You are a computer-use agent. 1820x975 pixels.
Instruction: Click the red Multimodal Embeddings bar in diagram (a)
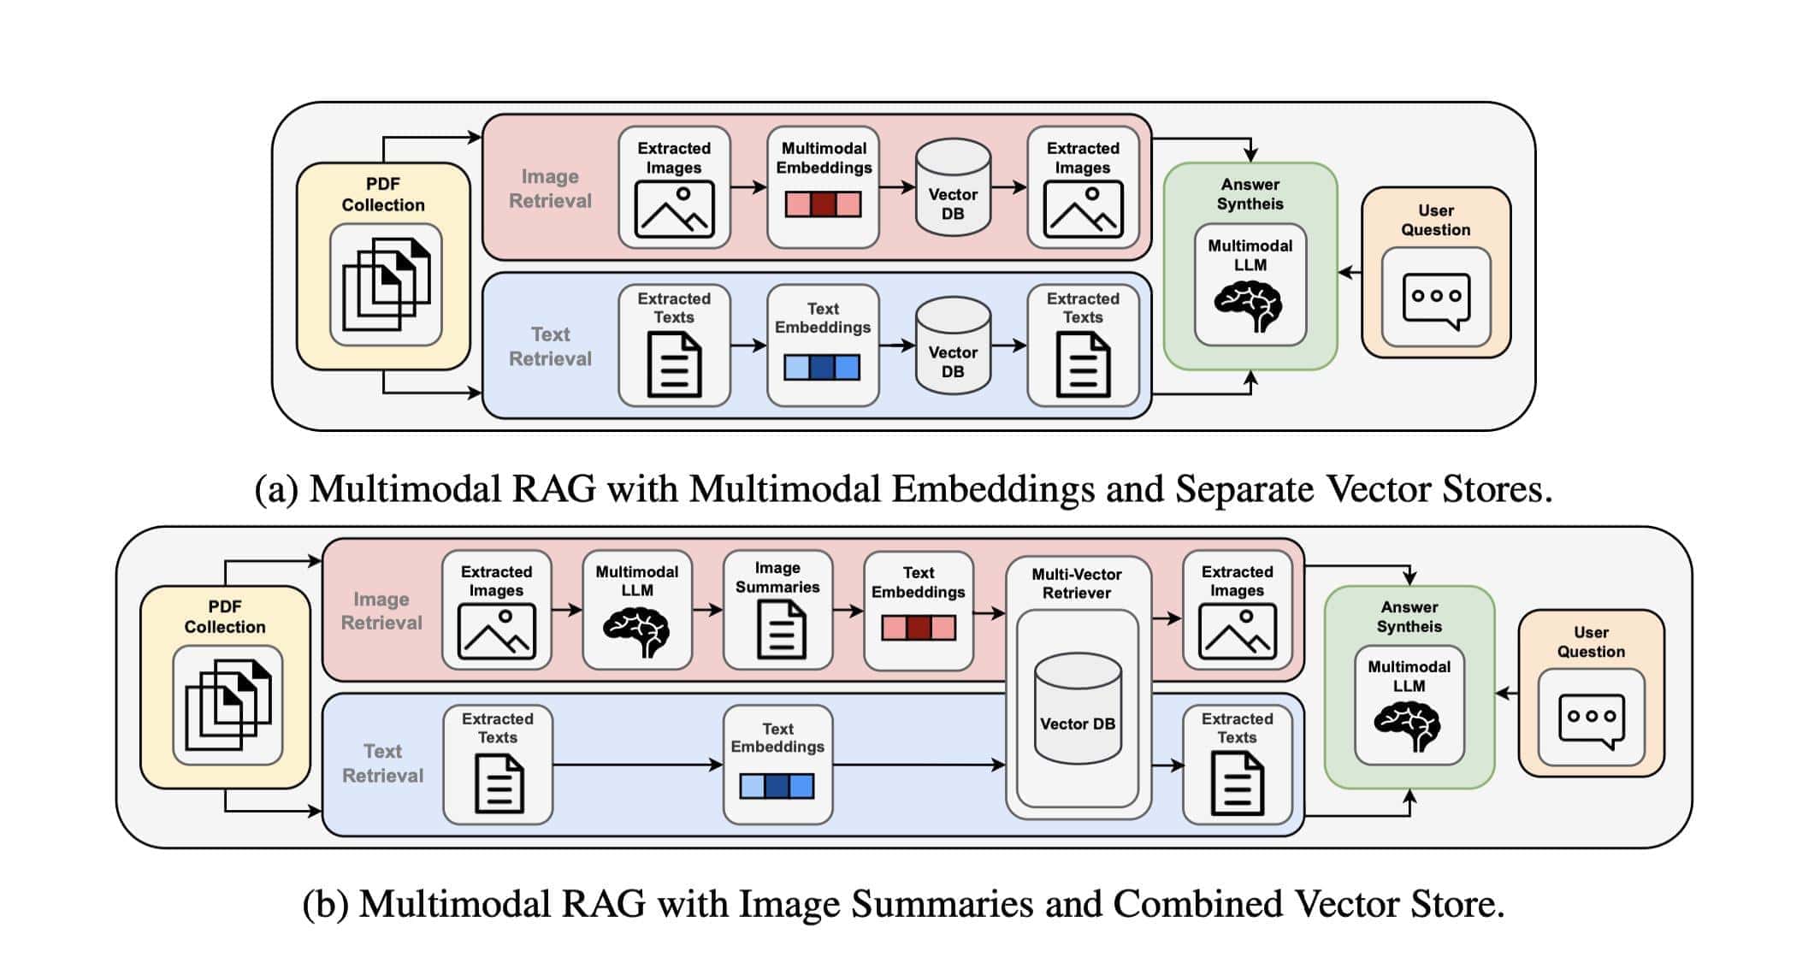click(823, 204)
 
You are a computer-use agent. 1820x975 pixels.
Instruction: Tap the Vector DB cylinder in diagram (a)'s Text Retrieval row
click(953, 346)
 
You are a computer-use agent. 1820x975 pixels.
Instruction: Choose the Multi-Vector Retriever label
click(1076, 583)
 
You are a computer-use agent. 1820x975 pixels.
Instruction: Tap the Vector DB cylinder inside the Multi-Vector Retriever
click(1078, 709)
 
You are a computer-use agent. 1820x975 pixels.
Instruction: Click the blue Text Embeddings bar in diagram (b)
click(777, 786)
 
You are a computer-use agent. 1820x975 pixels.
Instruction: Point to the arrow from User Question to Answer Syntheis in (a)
click(1350, 273)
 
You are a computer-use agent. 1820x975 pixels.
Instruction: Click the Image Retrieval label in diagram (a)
click(550, 188)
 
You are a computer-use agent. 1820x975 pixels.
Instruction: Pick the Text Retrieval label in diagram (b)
click(382, 763)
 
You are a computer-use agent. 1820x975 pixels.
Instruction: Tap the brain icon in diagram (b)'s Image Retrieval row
click(636, 632)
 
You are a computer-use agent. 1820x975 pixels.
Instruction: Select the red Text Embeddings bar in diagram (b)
click(918, 629)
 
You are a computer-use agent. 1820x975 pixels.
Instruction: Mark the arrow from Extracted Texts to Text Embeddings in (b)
click(637, 765)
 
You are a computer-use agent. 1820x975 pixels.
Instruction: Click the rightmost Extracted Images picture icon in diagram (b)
click(1237, 631)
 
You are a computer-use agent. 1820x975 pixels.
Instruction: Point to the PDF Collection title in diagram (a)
click(383, 194)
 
